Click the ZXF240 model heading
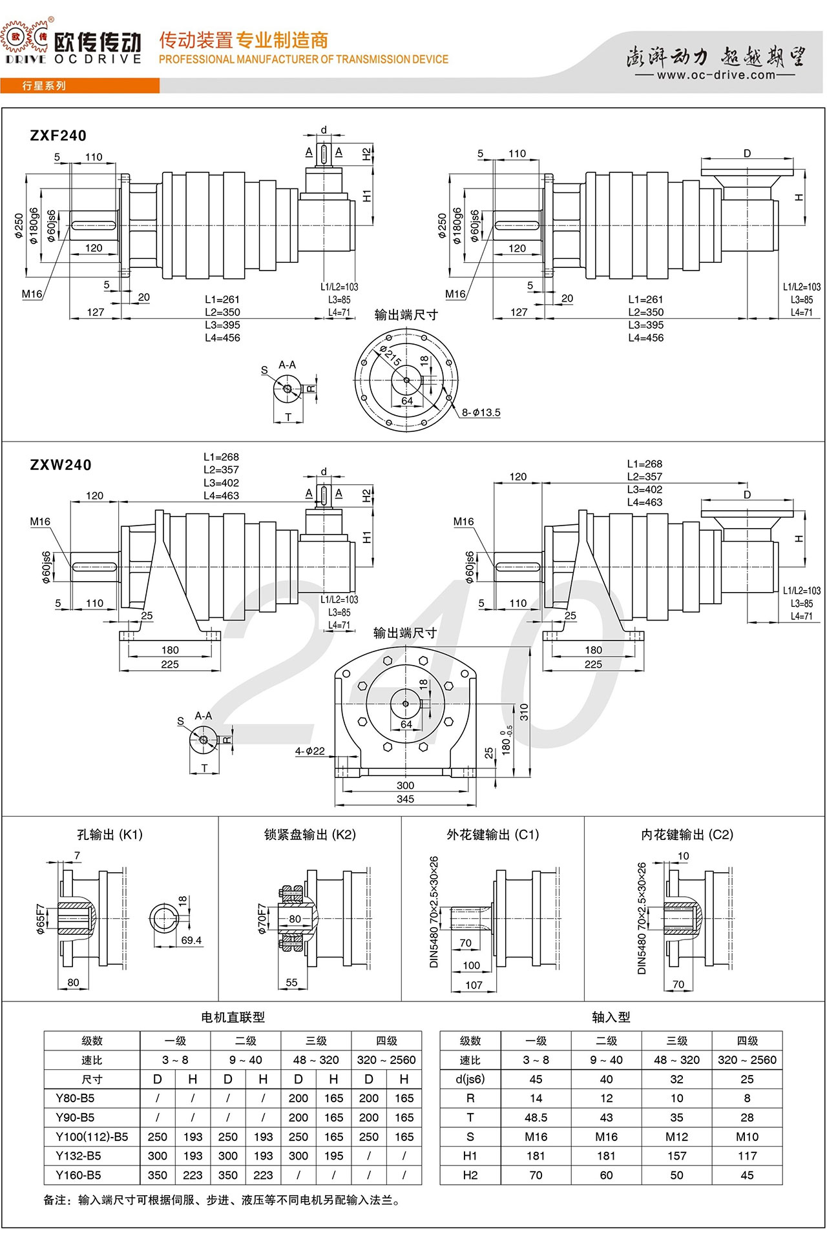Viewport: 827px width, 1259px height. click(x=58, y=136)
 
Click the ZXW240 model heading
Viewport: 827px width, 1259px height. click(x=61, y=465)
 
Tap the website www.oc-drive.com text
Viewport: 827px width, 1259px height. click(x=716, y=75)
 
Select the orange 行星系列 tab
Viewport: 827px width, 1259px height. click(x=44, y=86)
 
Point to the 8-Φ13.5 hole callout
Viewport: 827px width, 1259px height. click(x=481, y=413)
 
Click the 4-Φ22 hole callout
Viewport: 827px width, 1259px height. click(x=310, y=751)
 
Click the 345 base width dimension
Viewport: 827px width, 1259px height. click(x=405, y=799)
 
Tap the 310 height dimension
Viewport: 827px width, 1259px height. click(x=524, y=712)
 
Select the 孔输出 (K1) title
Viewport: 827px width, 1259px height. click(x=110, y=835)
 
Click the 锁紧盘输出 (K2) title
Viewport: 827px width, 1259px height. click(x=310, y=835)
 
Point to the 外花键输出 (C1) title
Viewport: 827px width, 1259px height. click(x=492, y=835)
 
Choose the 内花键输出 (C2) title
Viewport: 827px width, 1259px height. click(x=687, y=835)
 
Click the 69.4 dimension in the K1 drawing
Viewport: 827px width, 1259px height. click(x=191, y=941)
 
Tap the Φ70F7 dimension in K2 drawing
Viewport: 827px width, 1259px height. click(x=262, y=918)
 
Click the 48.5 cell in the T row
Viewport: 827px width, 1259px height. click(x=536, y=1118)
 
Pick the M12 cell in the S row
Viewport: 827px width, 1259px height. click(x=676, y=1137)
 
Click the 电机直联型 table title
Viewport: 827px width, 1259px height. click(x=233, y=1018)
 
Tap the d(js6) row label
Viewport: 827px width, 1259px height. click(x=470, y=1079)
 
